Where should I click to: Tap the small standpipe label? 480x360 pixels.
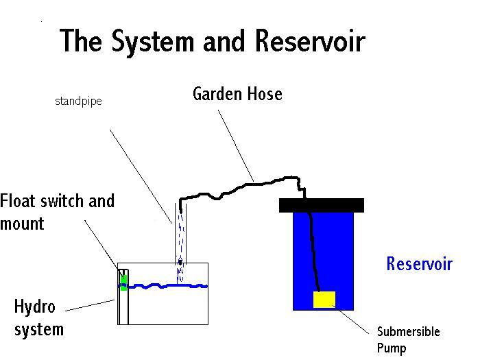pyautogui.click(x=78, y=101)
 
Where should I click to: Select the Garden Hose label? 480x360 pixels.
pyautogui.click(x=237, y=94)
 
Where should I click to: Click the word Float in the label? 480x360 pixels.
pyautogui.click(x=20, y=202)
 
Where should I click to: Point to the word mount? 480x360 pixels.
pyautogui.click(x=22, y=224)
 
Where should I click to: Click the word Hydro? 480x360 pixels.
pyautogui.click(x=35, y=307)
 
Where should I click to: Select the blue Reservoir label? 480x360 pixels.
pyautogui.click(x=419, y=264)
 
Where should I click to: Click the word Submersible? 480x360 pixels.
pyautogui.click(x=408, y=333)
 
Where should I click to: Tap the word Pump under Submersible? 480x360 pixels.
pyautogui.click(x=392, y=348)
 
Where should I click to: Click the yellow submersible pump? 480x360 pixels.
pyautogui.click(x=324, y=300)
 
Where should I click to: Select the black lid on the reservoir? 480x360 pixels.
pyautogui.click(x=322, y=205)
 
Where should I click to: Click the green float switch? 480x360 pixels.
pyautogui.click(x=123, y=282)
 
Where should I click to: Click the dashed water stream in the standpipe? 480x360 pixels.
pyautogui.click(x=180, y=233)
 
